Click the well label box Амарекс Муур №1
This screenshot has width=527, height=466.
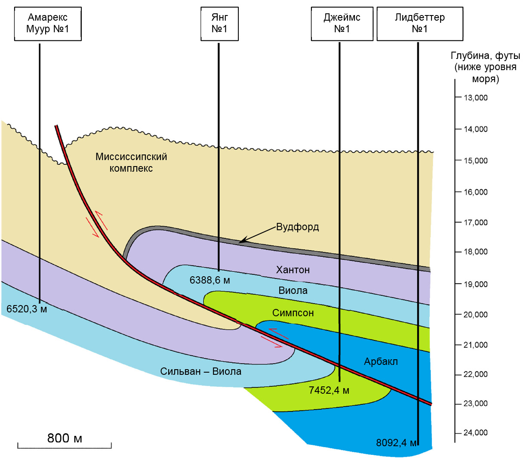tap(48, 24)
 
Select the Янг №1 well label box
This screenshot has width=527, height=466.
tap(219, 24)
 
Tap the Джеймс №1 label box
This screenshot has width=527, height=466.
tap(342, 24)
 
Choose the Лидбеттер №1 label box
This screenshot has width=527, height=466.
tap(420, 24)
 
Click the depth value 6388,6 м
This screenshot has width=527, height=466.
tap(210, 280)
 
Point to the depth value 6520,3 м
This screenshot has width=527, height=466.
tap(27, 309)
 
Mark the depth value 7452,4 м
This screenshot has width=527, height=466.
tap(329, 390)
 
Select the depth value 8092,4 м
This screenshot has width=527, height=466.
tap(396, 443)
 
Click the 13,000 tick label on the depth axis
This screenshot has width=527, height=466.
tap(476, 98)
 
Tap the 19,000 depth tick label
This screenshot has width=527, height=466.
tap(476, 284)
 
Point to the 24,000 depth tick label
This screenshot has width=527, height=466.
tap(476, 432)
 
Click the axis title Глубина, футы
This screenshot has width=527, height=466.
tap(485, 56)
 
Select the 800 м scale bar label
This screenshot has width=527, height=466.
tap(65, 438)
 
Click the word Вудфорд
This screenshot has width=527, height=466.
tap(297, 227)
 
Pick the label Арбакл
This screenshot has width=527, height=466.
tap(381, 361)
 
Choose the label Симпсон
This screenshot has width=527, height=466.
tap(293, 313)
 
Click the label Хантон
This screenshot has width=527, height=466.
tap(293, 270)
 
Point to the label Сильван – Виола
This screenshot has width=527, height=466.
tap(200, 371)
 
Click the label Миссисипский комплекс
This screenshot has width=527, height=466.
tap(131, 162)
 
